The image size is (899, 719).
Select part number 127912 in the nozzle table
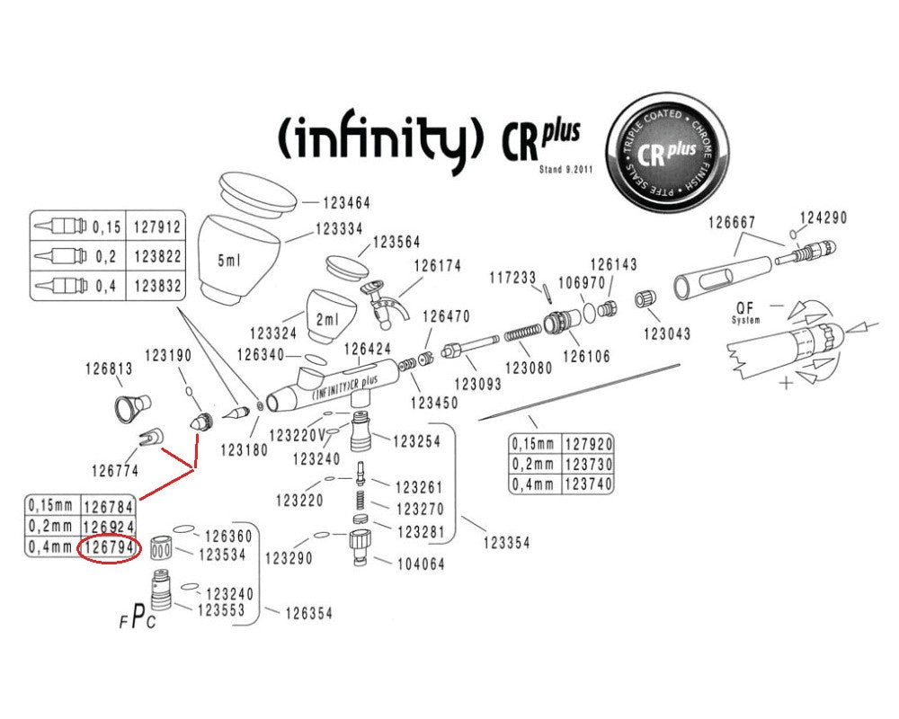pyautogui.click(x=157, y=227)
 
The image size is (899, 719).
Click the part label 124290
pyautogui.click(x=823, y=218)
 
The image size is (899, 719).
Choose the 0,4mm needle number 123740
pyautogui.click(x=588, y=483)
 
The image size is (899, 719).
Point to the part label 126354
pyautogui.click(x=309, y=614)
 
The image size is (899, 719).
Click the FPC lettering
pyautogui.click(x=136, y=619)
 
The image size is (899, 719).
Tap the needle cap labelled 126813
pyautogui.click(x=132, y=406)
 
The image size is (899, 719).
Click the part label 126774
pyautogui.click(x=114, y=468)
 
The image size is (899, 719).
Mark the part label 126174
pyautogui.click(x=437, y=266)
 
